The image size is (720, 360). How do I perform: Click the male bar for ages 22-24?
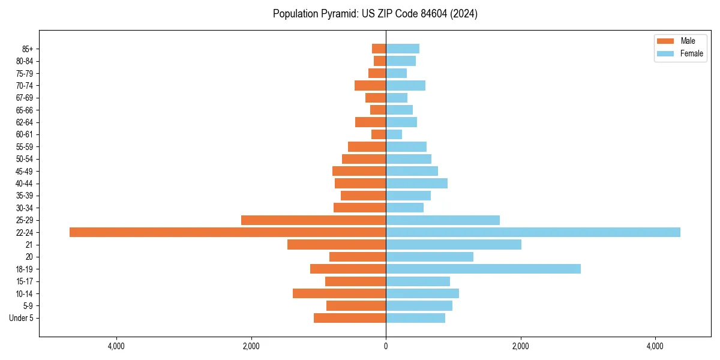tap(228, 232)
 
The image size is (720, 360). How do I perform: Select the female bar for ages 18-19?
tap(483, 269)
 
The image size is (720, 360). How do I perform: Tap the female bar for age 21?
tap(454, 244)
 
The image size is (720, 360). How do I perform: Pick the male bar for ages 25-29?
tap(313, 220)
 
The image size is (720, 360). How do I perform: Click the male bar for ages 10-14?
tap(339, 293)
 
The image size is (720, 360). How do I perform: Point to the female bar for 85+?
tap(403, 49)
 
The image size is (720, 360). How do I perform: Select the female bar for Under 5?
tap(415, 318)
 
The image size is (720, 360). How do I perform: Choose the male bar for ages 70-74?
tap(370, 85)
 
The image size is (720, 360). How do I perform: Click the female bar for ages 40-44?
tap(416, 183)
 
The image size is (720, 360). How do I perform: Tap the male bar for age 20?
tap(358, 257)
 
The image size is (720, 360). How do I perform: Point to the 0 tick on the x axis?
tap(386, 346)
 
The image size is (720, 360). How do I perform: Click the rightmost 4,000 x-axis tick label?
tap(655, 346)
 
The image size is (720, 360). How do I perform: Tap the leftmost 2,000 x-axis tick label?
tap(251, 346)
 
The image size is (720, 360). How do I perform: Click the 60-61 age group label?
tap(25, 134)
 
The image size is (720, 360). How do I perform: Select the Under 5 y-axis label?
tap(21, 318)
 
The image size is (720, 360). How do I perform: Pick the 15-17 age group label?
tap(25, 281)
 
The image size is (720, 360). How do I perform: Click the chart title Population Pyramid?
tap(375, 14)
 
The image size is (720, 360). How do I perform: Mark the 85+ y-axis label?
tap(28, 49)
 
